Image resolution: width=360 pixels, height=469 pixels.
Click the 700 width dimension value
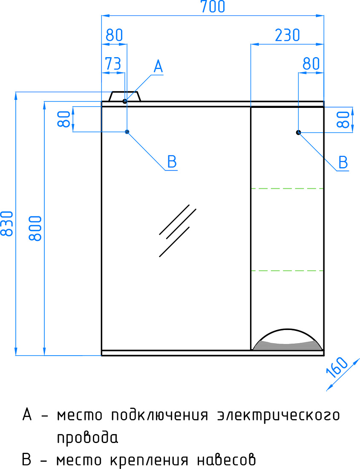tap(213, 6)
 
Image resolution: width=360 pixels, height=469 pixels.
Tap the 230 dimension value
tap(287, 35)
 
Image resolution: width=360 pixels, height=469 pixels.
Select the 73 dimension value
tap(113, 64)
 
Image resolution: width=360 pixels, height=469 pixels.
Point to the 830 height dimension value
tap(7, 223)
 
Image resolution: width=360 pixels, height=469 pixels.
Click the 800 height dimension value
tap(35, 228)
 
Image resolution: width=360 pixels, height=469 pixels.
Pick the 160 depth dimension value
tap(337, 367)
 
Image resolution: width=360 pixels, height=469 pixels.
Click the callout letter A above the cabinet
tap(158, 67)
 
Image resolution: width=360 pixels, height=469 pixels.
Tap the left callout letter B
tap(172, 162)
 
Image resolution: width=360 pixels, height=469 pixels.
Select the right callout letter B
tap(343, 163)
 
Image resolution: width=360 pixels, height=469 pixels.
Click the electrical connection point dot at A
tap(125, 101)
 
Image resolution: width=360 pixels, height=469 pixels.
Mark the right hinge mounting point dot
tap(298, 132)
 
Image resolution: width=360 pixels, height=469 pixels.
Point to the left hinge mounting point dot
tap(127, 132)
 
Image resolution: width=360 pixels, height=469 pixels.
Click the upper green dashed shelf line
tap(287, 188)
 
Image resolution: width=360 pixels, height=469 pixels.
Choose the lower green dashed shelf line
tap(287, 271)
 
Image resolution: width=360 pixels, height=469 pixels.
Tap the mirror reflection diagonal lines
tap(178, 231)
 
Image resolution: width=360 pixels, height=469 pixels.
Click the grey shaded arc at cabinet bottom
tap(287, 346)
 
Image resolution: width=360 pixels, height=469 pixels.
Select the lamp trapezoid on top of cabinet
tap(124, 97)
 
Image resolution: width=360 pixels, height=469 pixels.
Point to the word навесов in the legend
tap(226, 460)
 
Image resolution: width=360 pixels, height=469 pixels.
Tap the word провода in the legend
tap(87, 437)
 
